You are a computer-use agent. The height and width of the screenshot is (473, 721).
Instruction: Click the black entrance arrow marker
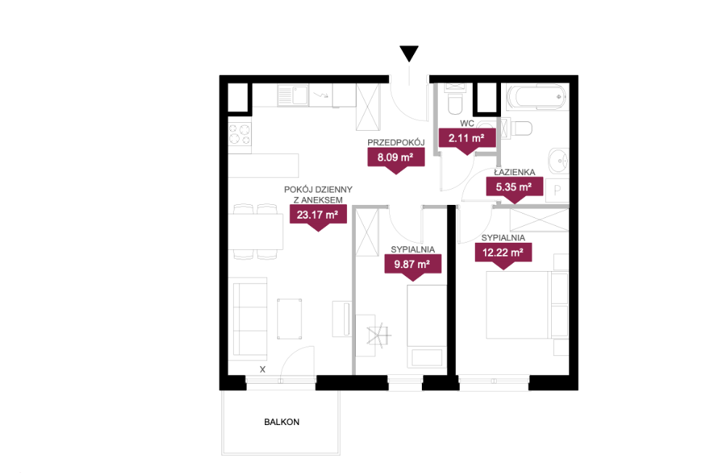coord(409,53)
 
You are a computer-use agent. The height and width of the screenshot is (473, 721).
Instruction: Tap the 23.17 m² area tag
coord(318,217)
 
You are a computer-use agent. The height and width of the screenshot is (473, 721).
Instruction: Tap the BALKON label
coord(282,422)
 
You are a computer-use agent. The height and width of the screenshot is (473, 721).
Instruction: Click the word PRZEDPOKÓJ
coord(396,142)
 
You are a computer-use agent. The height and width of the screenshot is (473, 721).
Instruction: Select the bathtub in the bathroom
coord(536,97)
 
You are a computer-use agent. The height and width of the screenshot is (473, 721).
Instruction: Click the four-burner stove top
coord(240,134)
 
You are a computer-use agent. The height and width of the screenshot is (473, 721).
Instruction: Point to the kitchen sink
coord(293,96)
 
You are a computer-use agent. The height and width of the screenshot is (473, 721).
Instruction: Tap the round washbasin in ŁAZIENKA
coord(559,161)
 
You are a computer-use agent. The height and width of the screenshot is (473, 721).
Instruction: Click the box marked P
coord(557,190)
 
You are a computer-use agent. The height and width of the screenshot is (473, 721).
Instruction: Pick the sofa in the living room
coord(249,319)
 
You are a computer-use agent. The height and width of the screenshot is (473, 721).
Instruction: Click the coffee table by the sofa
coord(290,319)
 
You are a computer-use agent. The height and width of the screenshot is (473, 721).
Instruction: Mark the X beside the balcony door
coord(263,369)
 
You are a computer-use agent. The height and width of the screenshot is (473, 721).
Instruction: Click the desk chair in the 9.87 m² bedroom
coord(379,335)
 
